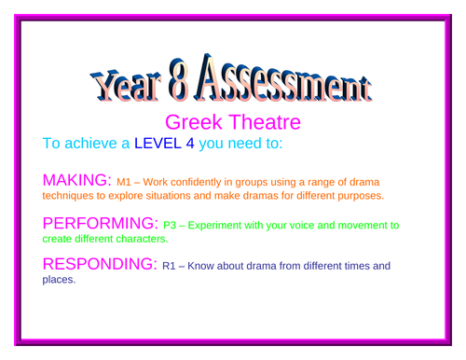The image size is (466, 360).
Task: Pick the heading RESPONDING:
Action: coord(101,265)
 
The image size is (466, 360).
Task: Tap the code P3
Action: coord(171,226)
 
